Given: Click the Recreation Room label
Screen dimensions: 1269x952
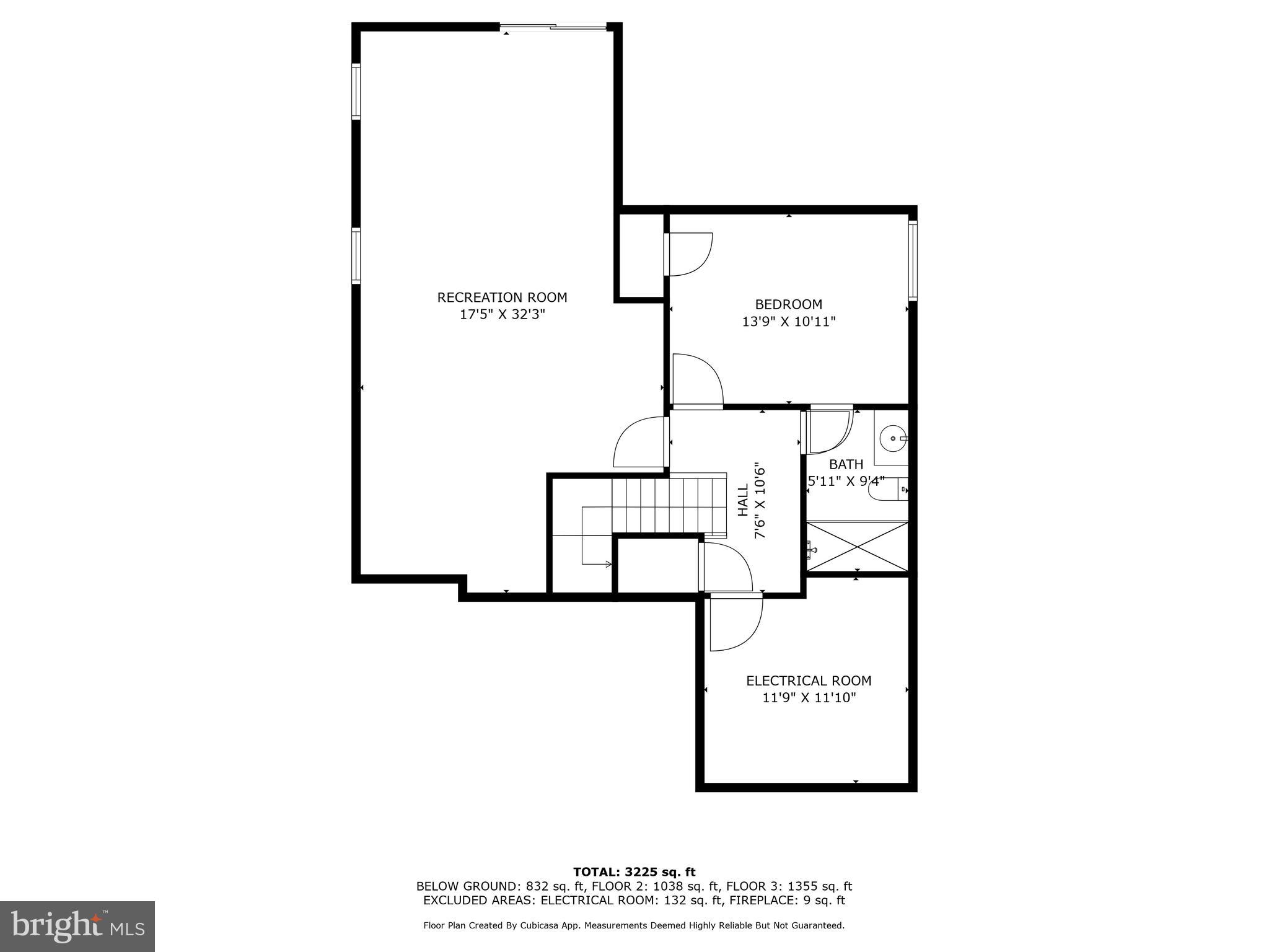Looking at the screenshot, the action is pos(502,297).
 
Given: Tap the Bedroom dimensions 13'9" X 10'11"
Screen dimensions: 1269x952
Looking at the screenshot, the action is pos(789,322).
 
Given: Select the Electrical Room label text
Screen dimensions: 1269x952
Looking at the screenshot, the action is pos(809,681).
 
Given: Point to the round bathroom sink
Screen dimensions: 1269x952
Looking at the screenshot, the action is pos(892,438).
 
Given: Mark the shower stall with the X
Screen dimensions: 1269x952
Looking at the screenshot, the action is pos(857,547).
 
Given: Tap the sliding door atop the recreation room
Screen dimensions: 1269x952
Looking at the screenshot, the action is pos(553,27).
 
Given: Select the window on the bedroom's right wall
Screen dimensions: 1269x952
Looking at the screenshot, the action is pos(913,260).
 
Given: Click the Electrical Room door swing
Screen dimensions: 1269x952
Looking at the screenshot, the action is pos(736,622).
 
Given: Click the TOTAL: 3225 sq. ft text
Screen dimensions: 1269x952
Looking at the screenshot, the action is pos(634,872).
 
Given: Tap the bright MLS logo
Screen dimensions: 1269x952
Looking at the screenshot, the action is pos(77,926).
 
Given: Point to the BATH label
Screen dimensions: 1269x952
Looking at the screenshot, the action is pos(846,464).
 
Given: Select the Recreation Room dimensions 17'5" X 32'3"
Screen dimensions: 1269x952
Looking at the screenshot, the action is pos(502,314).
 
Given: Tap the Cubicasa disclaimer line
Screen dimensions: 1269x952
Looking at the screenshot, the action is pos(634,925).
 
